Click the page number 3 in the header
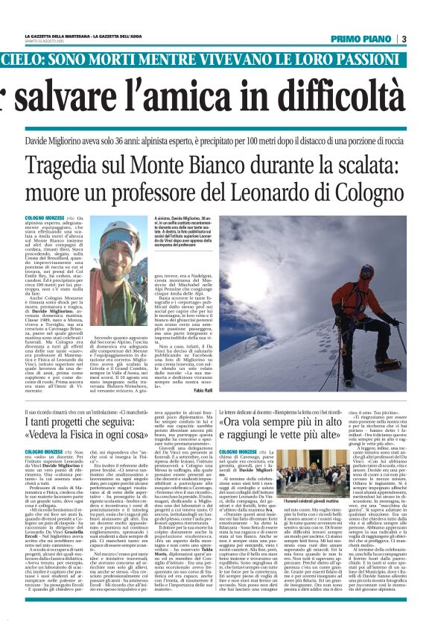point(403,39)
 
